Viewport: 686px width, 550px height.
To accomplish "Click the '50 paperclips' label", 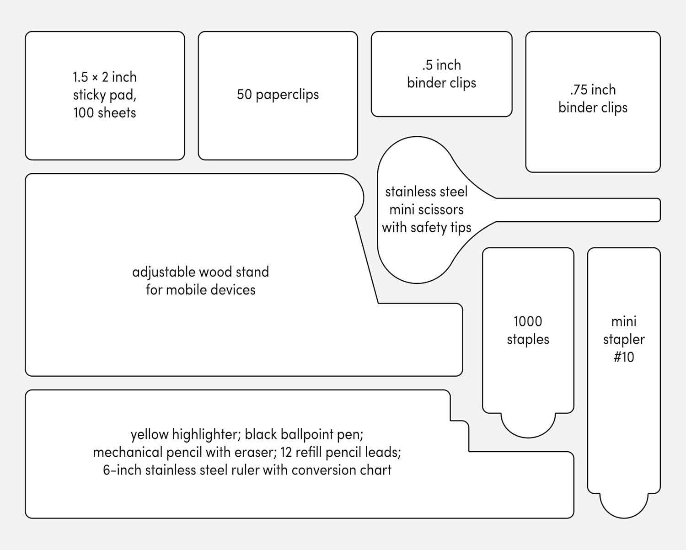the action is pyautogui.click(x=278, y=95).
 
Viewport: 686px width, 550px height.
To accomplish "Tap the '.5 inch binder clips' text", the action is pyautogui.click(x=441, y=74).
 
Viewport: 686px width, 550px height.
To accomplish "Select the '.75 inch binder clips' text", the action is pyautogui.click(x=593, y=98).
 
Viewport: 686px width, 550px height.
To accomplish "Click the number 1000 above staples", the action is pyautogui.click(x=528, y=321).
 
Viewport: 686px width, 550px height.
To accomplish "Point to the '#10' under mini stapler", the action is pyautogui.click(x=624, y=357).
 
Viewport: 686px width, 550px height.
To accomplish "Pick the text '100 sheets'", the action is pyautogui.click(x=105, y=113).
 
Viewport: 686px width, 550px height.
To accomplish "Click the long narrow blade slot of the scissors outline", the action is pyautogui.click(x=578, y=210).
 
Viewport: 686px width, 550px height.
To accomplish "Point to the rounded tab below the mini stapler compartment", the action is pyautogui.click(x=624, y=506).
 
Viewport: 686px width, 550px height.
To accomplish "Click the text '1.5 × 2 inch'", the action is pyautogui.click(x=105, y=77).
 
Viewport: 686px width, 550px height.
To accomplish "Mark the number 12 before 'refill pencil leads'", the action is pyautogui.click(x=286, y=453).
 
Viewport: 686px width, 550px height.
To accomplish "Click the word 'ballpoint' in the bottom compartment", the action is pyautogui.click(x=302, y=435).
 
